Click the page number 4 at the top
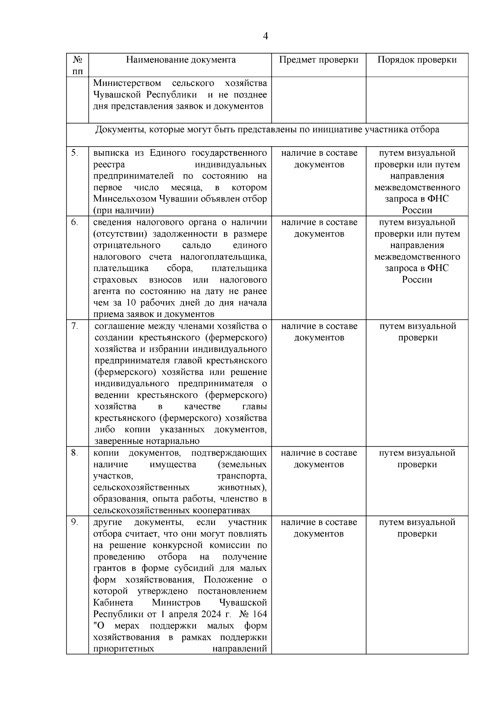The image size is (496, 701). coord(265,36)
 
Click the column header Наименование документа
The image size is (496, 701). coord(181,59)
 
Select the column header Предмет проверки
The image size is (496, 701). coord(318,59)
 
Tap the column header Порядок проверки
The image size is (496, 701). coord(417,59)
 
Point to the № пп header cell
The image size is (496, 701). coord(78,65)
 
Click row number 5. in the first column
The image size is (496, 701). coord(74,153)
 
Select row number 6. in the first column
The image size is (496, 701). coord(74,222)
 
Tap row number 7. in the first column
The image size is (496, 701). coord(74,326)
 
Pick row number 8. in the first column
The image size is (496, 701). coord(74,453)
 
